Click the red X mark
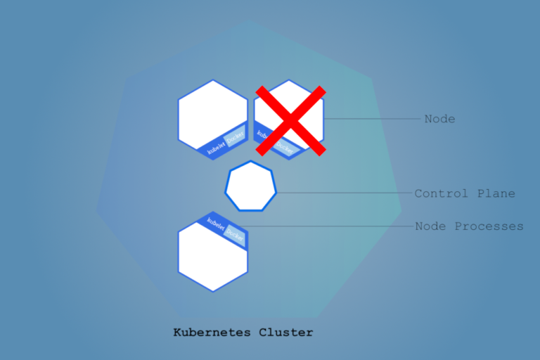click(290, 121)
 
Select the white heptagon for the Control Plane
click(251, 186)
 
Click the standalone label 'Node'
click(439, 119)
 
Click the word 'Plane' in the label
click(496, 193)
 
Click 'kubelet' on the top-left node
click(213, 146)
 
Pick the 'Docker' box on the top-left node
click(235, 138)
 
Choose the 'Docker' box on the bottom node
click(235, 236)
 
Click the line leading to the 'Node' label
click(373, 119)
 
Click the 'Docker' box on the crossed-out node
click(283, 146)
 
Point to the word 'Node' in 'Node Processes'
click(430, 226)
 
